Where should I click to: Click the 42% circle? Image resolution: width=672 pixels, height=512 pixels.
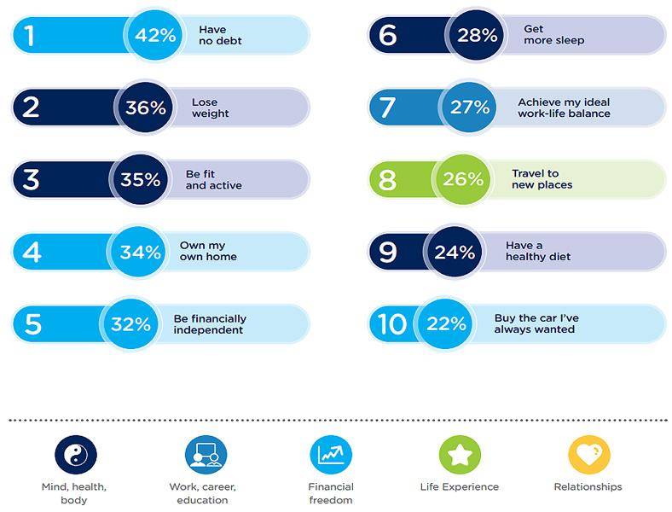pos(155,35)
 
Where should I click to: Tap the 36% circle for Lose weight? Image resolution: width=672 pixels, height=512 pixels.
pos(145,108)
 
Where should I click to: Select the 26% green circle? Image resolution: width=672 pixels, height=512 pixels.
pos(464,179)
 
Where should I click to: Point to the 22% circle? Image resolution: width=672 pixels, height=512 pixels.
pos(445,323)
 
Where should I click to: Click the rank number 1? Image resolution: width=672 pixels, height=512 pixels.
pos(30,35)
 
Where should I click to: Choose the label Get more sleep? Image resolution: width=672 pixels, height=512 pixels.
pos(553,35)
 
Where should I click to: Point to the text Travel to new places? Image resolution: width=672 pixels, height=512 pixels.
pos(542,179)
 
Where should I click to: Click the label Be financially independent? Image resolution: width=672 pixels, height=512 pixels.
pos(209,324)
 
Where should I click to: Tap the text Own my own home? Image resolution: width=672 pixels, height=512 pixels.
pos(208,251)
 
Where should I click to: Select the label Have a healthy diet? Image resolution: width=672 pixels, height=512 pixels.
pos(538,251)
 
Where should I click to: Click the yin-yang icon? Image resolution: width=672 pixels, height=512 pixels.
pos(74,455)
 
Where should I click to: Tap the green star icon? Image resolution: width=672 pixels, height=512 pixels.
pos(460,455)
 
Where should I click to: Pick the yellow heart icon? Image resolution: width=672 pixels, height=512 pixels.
pos(588,455)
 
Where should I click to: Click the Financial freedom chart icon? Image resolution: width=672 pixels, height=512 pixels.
pos(331,455)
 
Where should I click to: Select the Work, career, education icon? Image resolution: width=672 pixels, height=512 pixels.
pos(206,455)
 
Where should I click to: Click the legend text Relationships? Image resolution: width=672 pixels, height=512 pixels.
pos(588,487)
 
